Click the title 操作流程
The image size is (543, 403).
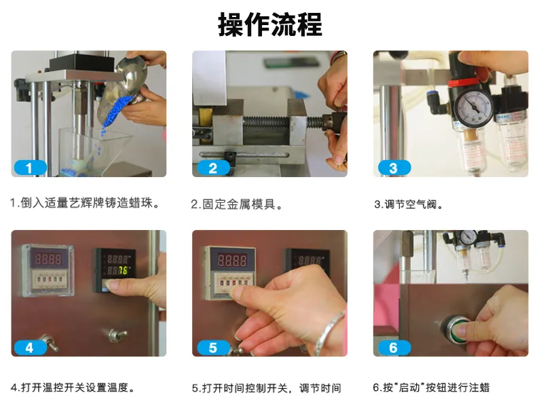[270, 24]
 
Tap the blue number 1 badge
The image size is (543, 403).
[30, 168]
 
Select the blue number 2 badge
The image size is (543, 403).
[212, 168]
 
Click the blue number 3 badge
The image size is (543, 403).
[394, 168]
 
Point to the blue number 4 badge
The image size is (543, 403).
[30, 347]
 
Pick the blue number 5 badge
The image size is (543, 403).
[212, 347]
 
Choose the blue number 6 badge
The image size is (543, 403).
[394, 347]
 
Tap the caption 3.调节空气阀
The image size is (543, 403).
[409, 204]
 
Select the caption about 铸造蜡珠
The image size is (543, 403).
[85, 203]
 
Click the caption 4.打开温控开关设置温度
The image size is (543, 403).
[73, 387]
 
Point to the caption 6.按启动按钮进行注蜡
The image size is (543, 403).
[431, 387]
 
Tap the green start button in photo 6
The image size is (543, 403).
[457, 328]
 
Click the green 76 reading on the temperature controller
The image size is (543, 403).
[124, 271]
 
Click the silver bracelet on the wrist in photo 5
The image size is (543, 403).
[329, 332]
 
